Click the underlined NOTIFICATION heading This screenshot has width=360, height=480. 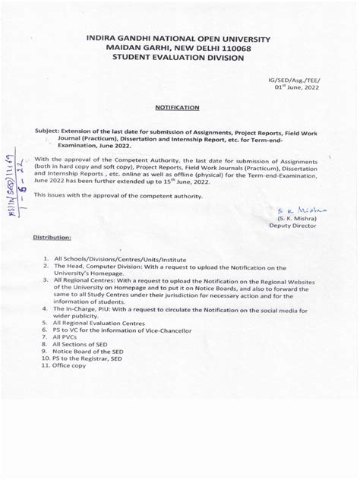tap(178, 109)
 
